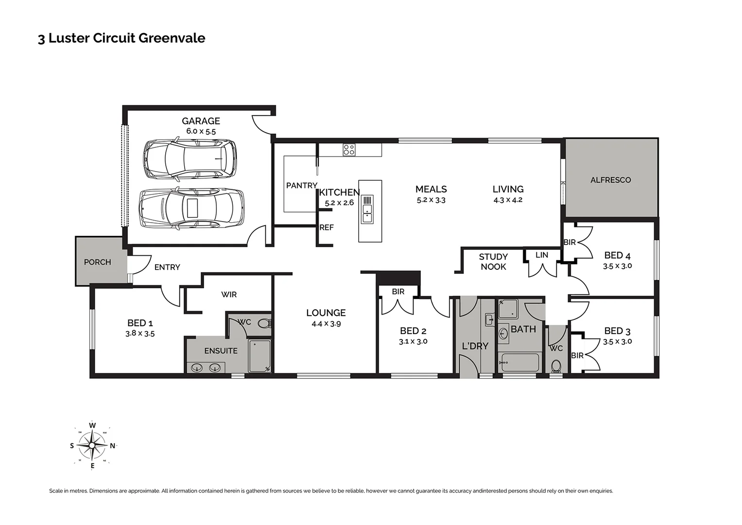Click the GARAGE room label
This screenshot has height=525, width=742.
pos(201,121)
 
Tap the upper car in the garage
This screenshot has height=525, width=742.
pos(190,158)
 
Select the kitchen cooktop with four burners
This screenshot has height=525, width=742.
pos(349,150)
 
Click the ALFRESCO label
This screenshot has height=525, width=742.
pos(610,180)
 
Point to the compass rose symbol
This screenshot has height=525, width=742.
pos(92,446)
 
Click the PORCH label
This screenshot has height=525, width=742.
pos(97,262)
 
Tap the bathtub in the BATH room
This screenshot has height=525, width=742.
pos(519,363)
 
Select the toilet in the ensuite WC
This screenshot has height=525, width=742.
pos(263,323)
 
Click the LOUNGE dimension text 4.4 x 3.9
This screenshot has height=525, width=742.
pos(326,324)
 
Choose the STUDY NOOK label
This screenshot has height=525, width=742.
pos(493,262)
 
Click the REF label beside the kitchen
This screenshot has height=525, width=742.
pos(327,227)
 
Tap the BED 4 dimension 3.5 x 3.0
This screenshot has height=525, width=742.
pos(617,266)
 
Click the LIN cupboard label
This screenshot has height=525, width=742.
pos(542,255)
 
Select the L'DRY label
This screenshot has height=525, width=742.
pos(475,346)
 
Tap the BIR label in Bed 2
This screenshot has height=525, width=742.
pos(398,292)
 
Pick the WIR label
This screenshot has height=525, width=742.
pos(229,295)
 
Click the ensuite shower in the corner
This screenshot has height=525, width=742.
pos(259,356)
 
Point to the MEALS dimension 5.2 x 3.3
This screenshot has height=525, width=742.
pos(431,200)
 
